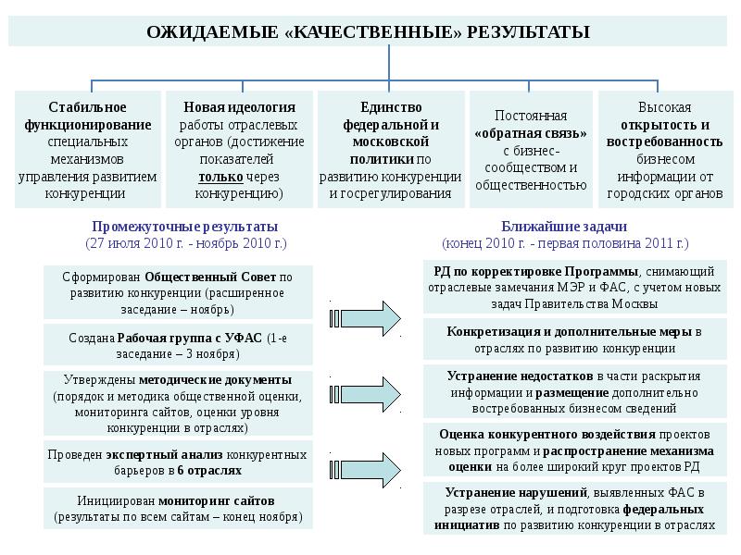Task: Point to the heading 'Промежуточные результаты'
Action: coord(185,227)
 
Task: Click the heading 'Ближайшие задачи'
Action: coord(566,227)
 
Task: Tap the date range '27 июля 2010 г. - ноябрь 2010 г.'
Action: coord(185,243)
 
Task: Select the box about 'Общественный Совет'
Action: coord(179,291)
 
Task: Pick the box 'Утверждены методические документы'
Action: coord(179,404)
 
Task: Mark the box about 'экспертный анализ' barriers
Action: coord(179,462)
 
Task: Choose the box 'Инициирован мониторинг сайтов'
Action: coord(179,509)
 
